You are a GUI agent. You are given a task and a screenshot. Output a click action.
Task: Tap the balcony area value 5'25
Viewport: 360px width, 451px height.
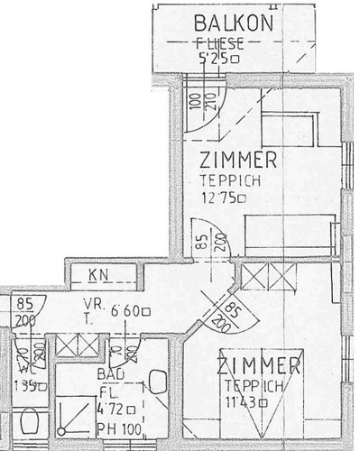tap(214, 60)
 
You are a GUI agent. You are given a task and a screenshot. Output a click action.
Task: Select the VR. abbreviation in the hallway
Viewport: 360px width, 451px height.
tap(90, 304)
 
